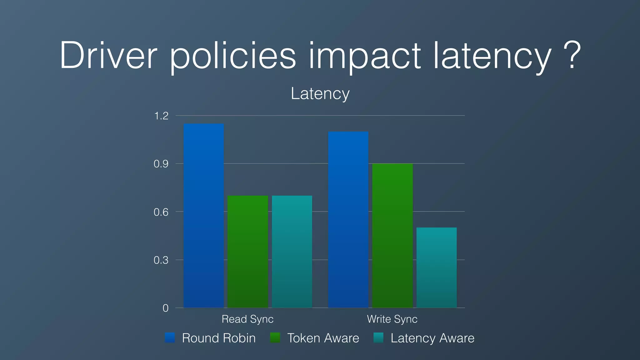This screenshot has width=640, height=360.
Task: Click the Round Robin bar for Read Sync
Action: point(203,216)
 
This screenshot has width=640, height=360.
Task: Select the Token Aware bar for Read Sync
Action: point(248,252)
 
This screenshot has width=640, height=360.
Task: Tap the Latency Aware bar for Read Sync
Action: point(292,252)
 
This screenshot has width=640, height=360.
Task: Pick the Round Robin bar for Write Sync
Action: point(348,219)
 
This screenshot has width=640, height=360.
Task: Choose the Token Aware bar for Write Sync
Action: point(392,236)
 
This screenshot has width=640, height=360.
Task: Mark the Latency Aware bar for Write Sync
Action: point(437,267)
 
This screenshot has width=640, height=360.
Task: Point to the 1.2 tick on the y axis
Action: point(161,116)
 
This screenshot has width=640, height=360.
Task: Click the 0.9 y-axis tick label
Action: point(161,164)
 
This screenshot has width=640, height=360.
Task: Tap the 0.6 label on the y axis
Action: point(161,212)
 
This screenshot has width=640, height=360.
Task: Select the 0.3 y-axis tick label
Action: point(161,260)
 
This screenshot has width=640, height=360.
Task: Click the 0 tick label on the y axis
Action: point(165,308)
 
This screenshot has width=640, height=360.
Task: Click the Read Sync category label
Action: point(247,319)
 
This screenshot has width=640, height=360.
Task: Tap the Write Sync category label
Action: point(392,319)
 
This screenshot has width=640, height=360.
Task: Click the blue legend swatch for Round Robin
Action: point(170,338)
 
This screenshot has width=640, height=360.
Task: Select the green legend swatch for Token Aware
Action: point(275,338)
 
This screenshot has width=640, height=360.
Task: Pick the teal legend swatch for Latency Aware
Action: point(378,338)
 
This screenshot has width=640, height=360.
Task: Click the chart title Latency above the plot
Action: point(320,93)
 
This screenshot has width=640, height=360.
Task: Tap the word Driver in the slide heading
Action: point(108,56)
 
